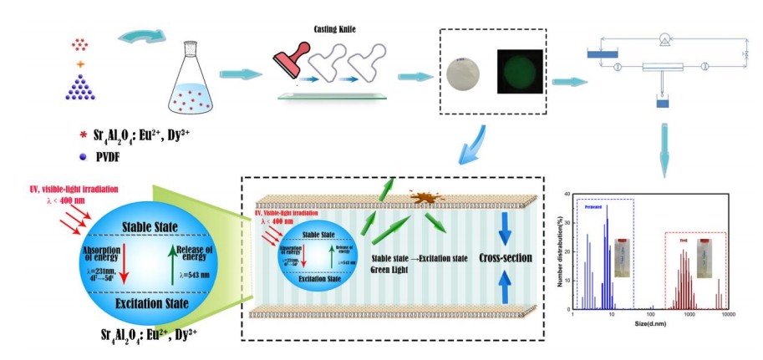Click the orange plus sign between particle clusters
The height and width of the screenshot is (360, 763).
pyautogui.click(x=80, y=64)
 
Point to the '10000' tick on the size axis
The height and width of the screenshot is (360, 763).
pyautogui.click(x=728, y=316)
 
